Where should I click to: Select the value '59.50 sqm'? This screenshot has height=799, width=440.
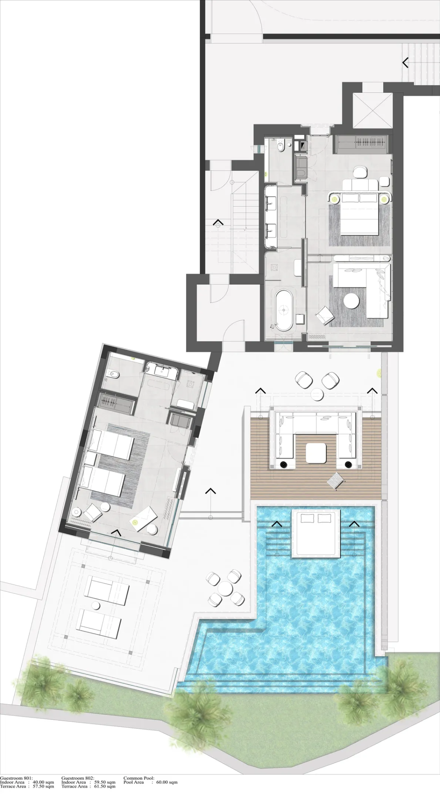[105, 782]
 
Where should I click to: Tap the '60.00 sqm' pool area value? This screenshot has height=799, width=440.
[167, 782]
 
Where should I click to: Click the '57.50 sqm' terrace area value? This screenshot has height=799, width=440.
[43, 786]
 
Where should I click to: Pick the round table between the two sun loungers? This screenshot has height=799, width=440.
[95, 605]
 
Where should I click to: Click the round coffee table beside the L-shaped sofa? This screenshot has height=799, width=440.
[351, 301]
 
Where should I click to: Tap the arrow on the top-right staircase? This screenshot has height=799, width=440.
[406, 62]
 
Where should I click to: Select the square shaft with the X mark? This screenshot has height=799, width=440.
[372, 110]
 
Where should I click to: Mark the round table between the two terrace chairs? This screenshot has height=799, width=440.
[317, 394]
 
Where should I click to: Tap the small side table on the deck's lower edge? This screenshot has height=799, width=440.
[336, 480]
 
